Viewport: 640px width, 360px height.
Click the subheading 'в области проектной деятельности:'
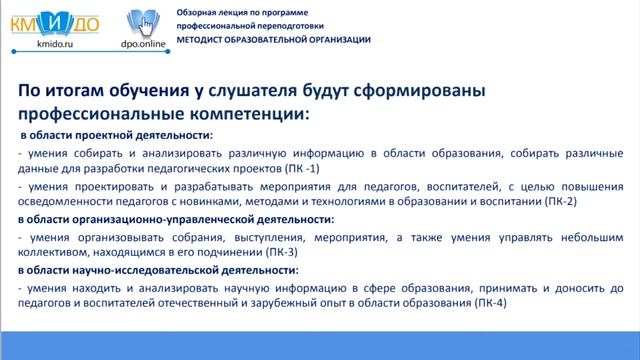117,135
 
